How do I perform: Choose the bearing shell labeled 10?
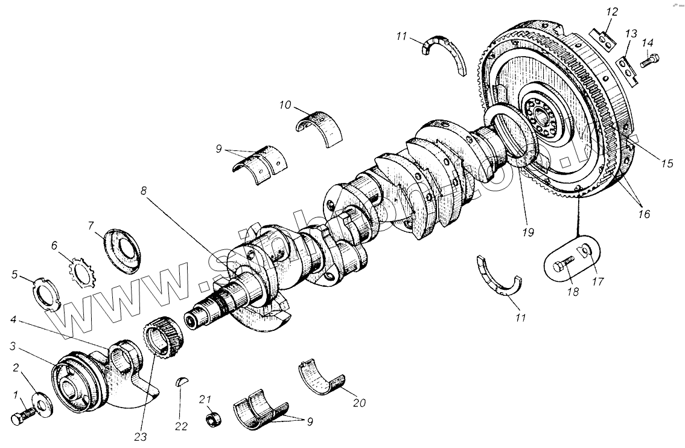click(319, 126)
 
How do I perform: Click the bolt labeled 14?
click(651, 61)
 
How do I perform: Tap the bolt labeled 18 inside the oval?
click(562, 266)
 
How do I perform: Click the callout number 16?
click(643, 214)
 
